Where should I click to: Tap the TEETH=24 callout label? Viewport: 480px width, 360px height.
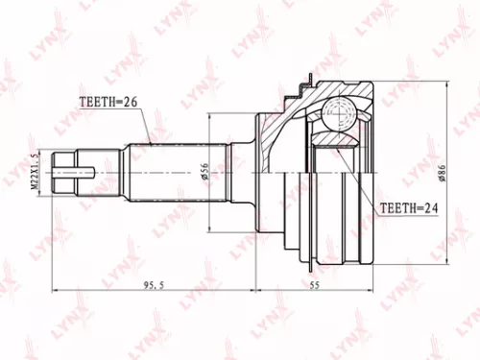click(x=407, y=205)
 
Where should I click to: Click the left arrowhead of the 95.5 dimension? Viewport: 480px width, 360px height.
click(x=56, y=287)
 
